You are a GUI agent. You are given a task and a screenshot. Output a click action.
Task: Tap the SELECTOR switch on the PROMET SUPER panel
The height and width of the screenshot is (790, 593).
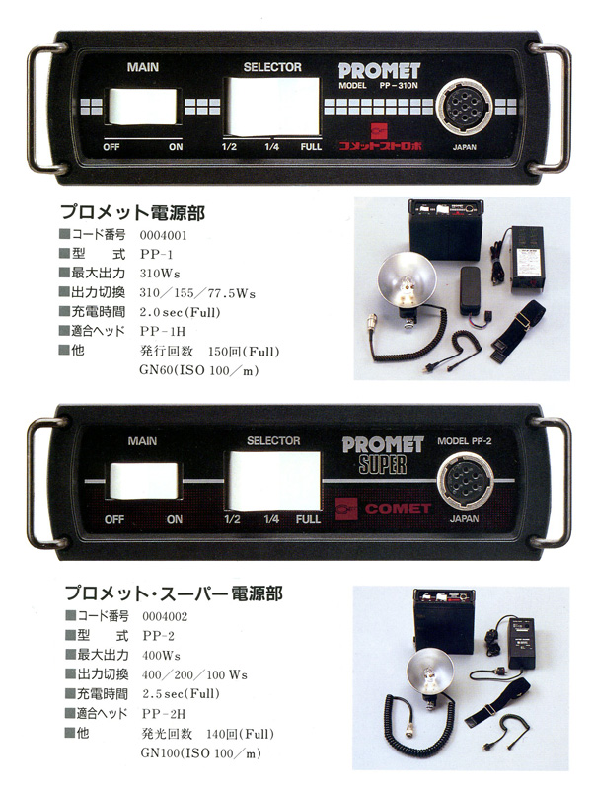click(x=274, y=481)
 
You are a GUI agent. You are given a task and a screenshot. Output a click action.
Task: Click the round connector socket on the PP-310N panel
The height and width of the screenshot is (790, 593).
click(x=464, y=108)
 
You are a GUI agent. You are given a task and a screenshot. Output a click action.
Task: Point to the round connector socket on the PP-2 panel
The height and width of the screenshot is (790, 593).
click(x=465, y=481)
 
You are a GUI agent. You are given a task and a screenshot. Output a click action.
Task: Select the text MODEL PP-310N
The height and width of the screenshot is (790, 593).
click(x=378, y=86)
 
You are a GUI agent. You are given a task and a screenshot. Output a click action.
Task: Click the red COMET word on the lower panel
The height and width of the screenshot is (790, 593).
click(x=398, y=509)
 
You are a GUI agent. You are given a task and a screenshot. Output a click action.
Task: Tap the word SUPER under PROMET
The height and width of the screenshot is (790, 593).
click(x=383, y=465)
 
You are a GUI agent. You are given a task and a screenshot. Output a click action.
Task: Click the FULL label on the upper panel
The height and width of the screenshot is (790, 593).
click(x=311, y=147)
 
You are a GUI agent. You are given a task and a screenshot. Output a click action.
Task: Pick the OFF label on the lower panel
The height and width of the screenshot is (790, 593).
click(x=114, y=520)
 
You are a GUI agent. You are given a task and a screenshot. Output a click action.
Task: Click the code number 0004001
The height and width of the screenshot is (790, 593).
click(x=163, y=235)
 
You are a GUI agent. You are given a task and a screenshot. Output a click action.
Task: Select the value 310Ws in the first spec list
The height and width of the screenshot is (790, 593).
click(x=160, y=274)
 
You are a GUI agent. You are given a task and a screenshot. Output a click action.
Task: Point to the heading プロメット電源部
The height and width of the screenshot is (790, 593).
click(x=133, y=213)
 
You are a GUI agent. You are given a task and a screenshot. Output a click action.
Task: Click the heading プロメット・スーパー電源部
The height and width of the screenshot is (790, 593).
click(x=175, y=593)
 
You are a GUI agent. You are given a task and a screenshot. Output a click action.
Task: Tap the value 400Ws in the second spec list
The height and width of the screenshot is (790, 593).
click(x=161, y=656)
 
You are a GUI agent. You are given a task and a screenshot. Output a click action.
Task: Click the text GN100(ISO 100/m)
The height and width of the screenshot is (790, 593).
click(x=201, y=753)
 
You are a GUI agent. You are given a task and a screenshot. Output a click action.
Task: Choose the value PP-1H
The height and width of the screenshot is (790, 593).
click(x=163, y=332)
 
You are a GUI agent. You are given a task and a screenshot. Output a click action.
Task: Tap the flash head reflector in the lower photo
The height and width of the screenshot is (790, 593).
click(x=429, y=673)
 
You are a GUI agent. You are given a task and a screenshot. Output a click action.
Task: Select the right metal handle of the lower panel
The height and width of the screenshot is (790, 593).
click(x=553, y=482)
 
